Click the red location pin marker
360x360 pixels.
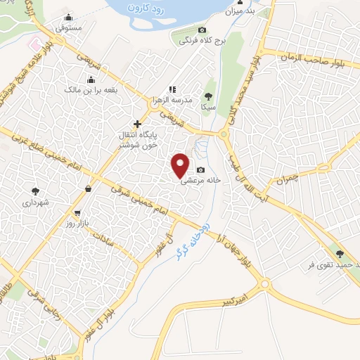pos(181,165)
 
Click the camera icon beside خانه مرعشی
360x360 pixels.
pos(202,169)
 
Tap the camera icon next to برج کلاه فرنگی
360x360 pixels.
pos(202,30)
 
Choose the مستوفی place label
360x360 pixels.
pos(68,27)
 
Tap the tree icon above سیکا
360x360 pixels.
pos(207,97)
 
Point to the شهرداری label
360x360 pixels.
pos(32,201)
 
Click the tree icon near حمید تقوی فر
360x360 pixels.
pos(340,254)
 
